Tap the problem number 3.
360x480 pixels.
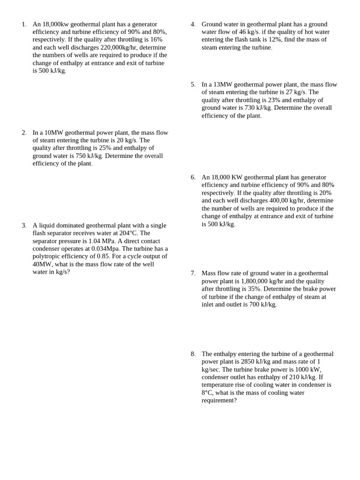(24, 225)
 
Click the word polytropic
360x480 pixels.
(49, 256)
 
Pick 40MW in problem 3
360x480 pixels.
(42, 264)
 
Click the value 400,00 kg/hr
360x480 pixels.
(286, 201)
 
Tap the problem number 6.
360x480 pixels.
(193, 177)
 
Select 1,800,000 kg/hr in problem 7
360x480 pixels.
(265, 281)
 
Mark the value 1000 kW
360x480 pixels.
(307, 369)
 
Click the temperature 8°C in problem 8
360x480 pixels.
(207, 393)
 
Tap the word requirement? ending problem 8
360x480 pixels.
(219, 400)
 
